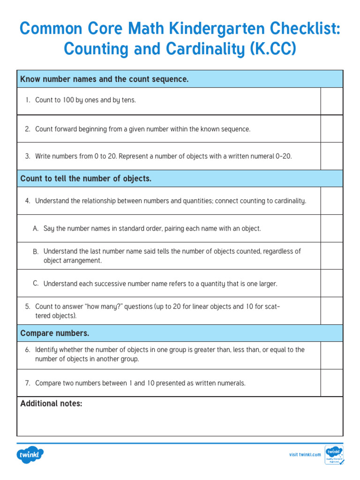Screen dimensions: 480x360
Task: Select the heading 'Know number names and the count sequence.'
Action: pos(105,79)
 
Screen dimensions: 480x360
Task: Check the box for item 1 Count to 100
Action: pos(332,101)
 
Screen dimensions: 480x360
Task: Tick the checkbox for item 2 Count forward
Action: pos(332,129)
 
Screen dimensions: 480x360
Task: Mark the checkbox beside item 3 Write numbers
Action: pos(332,156)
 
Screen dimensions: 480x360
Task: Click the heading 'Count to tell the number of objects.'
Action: pos(86,179)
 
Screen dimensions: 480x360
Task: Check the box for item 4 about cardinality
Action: pos(332,201)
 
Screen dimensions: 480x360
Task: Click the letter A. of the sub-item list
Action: pos(36,229)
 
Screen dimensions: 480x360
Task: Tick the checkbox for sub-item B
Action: pos(332,255)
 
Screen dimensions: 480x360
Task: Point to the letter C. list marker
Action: pos(36,283)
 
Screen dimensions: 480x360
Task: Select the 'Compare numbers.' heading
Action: pos(55,333)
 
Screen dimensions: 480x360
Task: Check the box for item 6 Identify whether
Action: pos(332,355)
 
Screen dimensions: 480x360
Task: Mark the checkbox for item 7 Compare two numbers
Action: pos(332,383)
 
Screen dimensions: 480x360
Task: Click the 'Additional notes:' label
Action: pos(51,404)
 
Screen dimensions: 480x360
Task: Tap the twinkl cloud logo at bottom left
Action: pos(30,454)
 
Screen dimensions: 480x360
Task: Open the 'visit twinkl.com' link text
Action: pos(305,455)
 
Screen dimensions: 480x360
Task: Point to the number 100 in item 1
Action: pos(68,100)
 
